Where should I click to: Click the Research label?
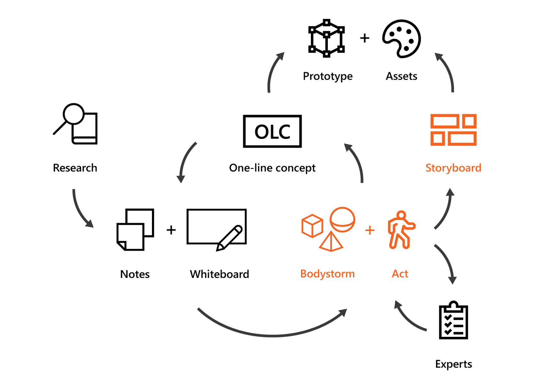pos(75,168)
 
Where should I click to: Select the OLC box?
pos(272,131)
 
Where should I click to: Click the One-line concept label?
pos(272,168)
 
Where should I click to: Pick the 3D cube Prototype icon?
pos(326,38)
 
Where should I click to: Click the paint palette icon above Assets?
pos(402,39)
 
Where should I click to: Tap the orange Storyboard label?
pos(453,168)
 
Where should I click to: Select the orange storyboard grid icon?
pos(453,130)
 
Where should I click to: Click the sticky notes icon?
pos(135,229)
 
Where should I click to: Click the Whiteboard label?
pos(219,274)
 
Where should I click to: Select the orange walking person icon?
pos(400,230)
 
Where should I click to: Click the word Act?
pos(400,274)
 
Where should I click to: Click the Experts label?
pos(453,364)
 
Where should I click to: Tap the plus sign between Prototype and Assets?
pos(365,38)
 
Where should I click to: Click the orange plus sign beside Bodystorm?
pos(370,230)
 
